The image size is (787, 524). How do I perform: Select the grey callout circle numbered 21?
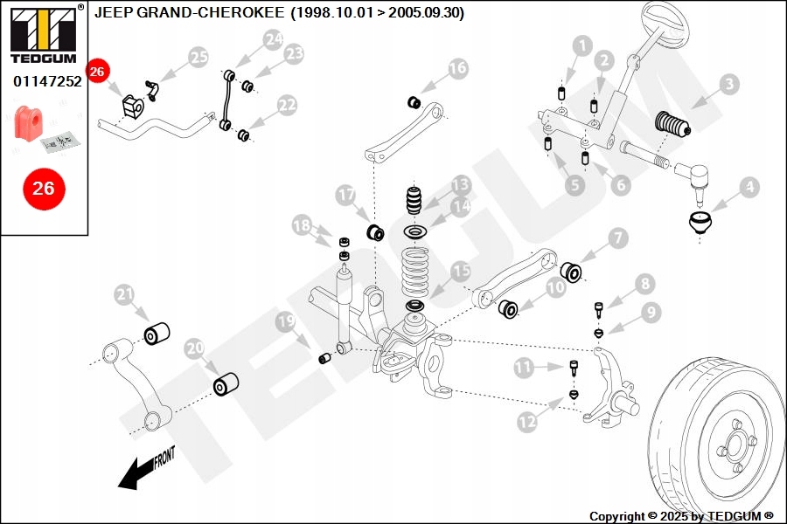click(x=125, y=295)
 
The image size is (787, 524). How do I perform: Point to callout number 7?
click(x=618, y=237)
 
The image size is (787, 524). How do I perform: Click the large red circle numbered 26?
click(x=43, y=188)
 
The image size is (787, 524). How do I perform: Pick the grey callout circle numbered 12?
click(x=526, y=422)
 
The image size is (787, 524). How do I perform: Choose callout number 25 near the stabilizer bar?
click(x=199, y=59)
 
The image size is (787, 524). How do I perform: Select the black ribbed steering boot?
click(x=672, y=125)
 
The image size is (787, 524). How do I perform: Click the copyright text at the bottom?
click(x=681, y=516)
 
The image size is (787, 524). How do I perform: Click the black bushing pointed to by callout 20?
click(x=226, y=383)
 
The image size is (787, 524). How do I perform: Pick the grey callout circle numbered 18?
click(x=302, y=226)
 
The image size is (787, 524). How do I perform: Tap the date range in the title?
click(x=378, y=13)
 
